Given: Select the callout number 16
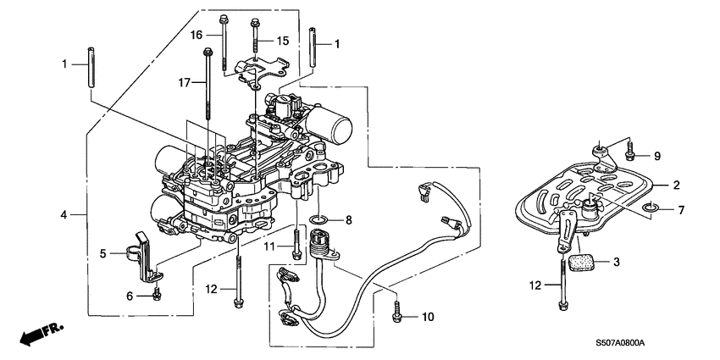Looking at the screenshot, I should point(196,35).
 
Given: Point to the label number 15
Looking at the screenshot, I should point(283,41).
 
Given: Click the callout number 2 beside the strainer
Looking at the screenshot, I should point(676,184).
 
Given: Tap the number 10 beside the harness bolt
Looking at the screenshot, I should point(427,317).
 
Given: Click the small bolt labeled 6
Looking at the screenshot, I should point(158,295).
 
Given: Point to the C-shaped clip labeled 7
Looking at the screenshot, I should point(649,208).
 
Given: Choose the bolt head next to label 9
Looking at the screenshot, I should point(629,155).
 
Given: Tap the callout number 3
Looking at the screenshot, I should point(616,263).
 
